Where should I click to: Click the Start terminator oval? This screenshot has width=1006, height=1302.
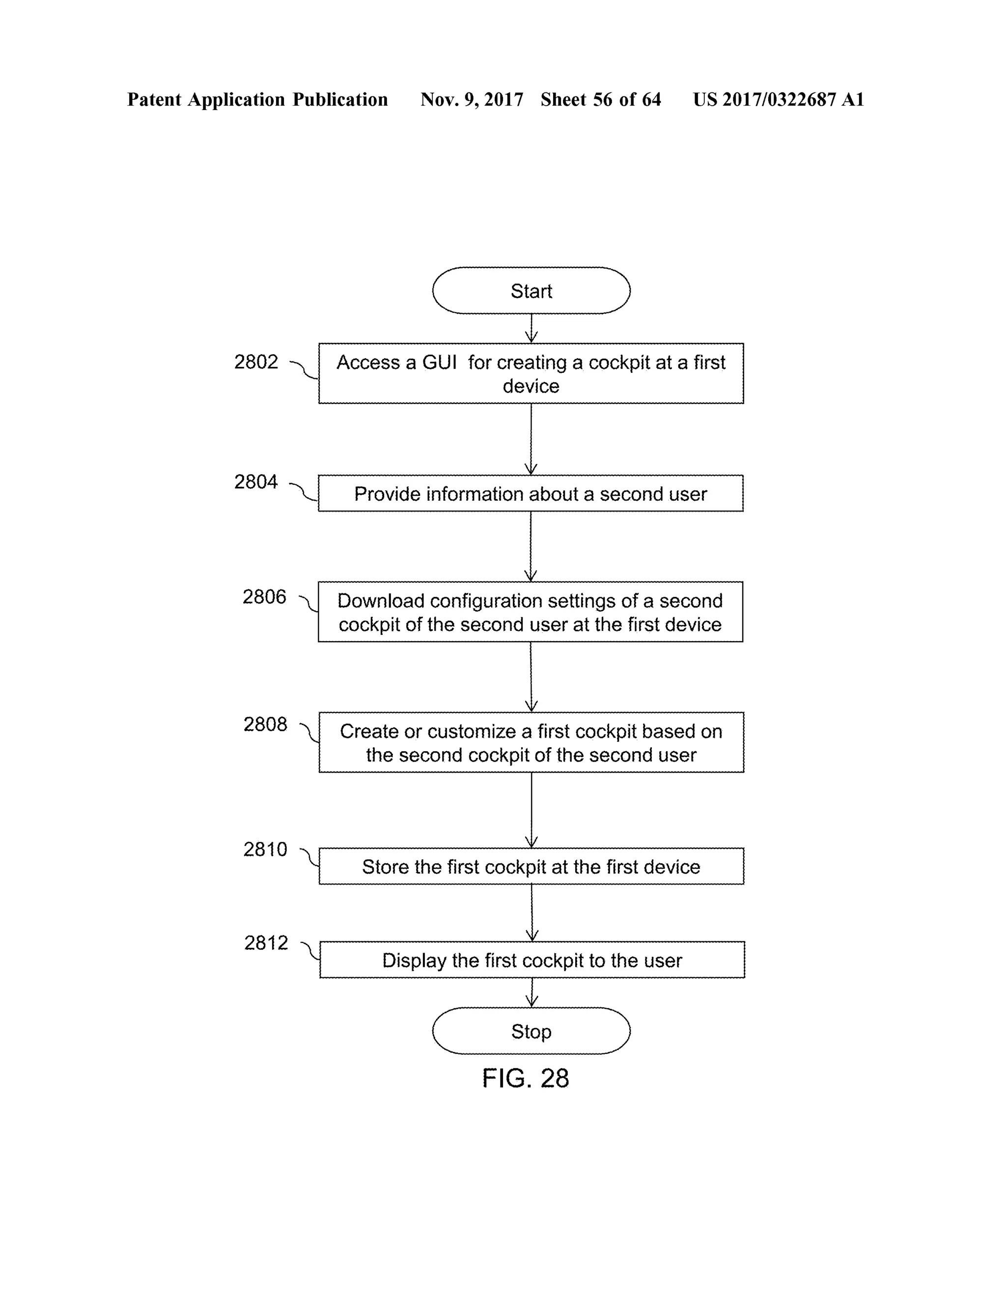click(x=531, y=290)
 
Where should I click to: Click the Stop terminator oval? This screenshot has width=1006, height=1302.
click(x=531, y=1031)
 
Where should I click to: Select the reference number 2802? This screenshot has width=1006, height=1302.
click(x=255, y=362)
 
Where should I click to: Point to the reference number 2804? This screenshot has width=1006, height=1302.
click(x=255, y=481)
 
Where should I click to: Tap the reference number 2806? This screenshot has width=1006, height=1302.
click(x=264, y=597)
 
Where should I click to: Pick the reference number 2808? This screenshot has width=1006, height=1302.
click(x=265, y=724)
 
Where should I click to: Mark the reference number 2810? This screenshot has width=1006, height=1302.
click(x=265, y=849)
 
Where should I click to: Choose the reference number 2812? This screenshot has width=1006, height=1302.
click(x=266, y=943)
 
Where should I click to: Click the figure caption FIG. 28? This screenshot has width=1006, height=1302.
click(x=525, y=1078)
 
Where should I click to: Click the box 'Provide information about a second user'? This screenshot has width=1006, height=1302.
click(x=531, y=494)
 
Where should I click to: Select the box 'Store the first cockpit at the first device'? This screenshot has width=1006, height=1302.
click(x=531, y=866)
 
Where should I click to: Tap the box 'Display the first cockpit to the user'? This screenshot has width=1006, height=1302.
click(x=531, y=960)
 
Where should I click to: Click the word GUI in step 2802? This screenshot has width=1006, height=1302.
click(x=439, y=363)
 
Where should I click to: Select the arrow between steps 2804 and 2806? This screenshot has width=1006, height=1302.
click(x=531, y=546)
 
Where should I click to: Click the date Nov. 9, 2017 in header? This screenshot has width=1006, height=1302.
click(x=472, y=100)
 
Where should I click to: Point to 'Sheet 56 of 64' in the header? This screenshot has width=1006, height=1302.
click(x=600, y=100)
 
